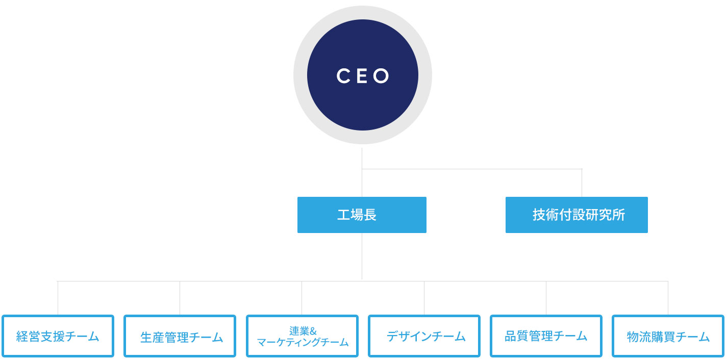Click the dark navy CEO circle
(x=363, y=75)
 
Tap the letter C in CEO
(x=343, y=76)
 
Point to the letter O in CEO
(x=381, y=76)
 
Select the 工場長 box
(x=362, y=215)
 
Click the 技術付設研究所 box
(x=576, y=215)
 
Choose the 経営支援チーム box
(x=58, y=336)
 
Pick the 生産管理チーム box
(x=180, y=336)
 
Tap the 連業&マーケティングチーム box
(x=302, y=336)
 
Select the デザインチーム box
(x=424, y=336)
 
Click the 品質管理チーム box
(x=546, y=336)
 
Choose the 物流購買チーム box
(x=668, y=336)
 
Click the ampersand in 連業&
(x=313, y=331)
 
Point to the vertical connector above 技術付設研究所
(x=582, y=183)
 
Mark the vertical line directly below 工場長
(x=362, y=256)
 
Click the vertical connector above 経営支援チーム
(x=58, y=298)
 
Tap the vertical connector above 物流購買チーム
(x=668, y=298)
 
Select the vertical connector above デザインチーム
(x=424, y=298)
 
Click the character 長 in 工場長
(x=370, y=215)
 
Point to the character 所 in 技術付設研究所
(x=619, y=215)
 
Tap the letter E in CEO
(x=362, y=76)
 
